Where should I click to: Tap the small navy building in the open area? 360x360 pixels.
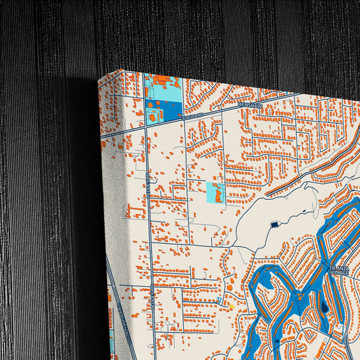[x=274, y=224]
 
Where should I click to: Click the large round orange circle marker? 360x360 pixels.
[x=228, y=287]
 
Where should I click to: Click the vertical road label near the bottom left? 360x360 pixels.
[x=152, y=297]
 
